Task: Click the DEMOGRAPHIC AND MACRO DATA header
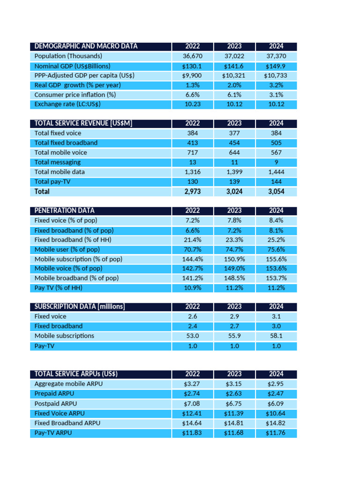click(86, 46)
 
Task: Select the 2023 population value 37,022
click(234, 56)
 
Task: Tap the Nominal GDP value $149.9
click(276, 66)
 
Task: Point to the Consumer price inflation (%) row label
click(75, 95)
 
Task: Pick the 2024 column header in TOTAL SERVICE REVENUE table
click(276, 123)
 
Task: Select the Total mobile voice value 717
click(192, 152)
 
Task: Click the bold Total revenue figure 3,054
click(276, 191)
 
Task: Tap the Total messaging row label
click(58, 162)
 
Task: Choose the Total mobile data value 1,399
click(234, 172)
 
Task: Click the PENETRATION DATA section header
click(64, 210)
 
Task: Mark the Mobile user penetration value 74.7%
click(234, 249)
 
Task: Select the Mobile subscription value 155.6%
click(276, 259)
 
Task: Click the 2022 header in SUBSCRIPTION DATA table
click(192, 307)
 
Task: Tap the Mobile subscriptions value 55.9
click(234, 336)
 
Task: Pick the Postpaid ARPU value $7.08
click(192, 404)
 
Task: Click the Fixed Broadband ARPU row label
click(67, 423)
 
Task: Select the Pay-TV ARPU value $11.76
click(276, 433)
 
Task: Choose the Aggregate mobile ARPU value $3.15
click(234, 384)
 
